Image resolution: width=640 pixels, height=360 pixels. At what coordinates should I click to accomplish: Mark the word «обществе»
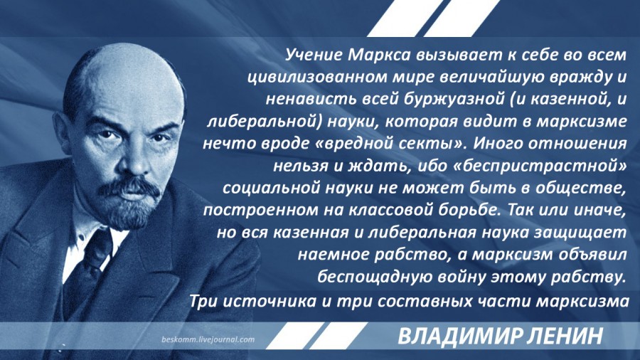click(579, 188)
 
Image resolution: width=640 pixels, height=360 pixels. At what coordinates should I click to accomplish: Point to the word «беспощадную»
click(374, 277)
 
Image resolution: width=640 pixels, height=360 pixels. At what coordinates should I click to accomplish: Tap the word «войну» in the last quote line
click(461, 277)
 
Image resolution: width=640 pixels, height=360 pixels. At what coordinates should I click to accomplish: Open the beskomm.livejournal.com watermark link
click(208, 339)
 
